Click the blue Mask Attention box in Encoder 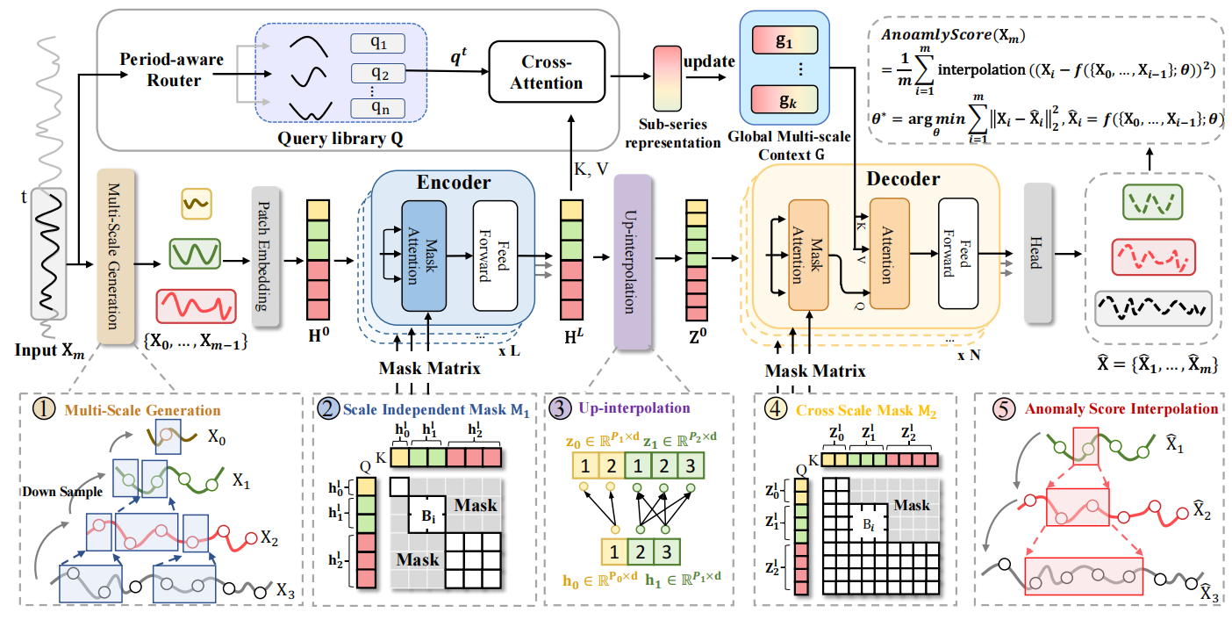click(x=424, y=255)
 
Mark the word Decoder click(x=903, y=179)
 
